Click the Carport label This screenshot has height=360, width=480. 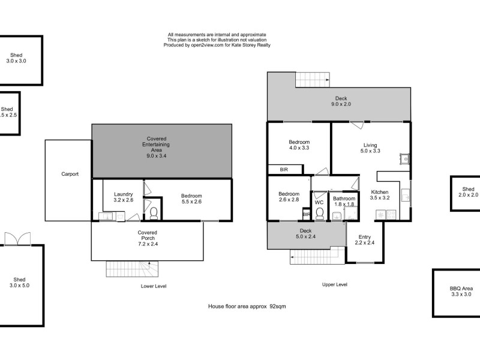70,175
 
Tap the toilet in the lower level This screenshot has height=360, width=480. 154,213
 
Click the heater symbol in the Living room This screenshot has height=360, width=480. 404,159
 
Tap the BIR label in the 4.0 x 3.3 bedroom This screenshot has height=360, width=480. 284,170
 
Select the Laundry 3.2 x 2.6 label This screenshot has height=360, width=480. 123,197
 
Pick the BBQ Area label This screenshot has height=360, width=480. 461,291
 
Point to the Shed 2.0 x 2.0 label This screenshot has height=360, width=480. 468,192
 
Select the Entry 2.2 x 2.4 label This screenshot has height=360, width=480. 365,239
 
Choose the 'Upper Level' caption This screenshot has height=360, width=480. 334,284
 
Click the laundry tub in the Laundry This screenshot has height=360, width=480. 105,216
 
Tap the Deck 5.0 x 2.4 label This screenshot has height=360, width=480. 305,233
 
